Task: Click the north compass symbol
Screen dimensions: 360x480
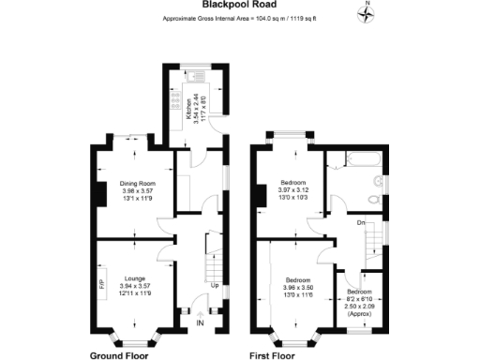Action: pyautogui.click(x=367, y=12)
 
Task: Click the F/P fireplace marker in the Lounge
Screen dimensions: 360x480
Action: pyautogui.click(x=101, y=284)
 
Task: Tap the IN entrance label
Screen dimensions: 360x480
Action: pyautogui.click(x=199, y=323)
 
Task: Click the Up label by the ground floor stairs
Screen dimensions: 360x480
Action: pyautogui.click(x=214, y=284)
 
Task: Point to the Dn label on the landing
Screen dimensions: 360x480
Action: pyautogui.click(x=360, y=222)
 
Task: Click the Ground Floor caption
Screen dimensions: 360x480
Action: pyautogui.click(x=121, y=356)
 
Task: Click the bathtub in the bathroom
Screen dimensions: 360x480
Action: pyautogui.click(x=357, y=158)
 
